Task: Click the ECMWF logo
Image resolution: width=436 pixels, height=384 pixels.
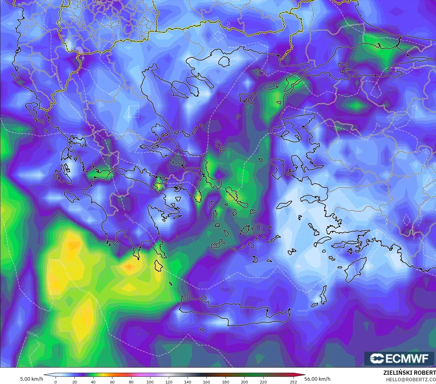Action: coord(399,358)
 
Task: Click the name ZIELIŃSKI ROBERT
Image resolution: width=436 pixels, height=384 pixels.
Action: coord(409,373)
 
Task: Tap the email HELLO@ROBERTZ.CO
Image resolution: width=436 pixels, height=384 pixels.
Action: coord(411,380)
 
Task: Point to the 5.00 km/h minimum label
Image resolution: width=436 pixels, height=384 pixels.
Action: coord(31,379)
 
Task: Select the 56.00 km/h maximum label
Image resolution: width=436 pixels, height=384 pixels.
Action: coord(317,379)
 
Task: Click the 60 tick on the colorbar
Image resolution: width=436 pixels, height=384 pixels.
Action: coord(112,382)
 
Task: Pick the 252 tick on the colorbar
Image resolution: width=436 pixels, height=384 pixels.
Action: coord(293,382)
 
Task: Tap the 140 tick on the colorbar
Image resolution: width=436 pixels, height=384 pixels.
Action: coord(188,382)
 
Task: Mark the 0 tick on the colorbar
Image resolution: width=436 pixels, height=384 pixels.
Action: coord(56,382)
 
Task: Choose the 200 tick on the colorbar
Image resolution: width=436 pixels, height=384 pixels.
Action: coord(244,382)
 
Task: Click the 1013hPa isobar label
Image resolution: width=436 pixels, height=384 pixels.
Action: coord(69,278)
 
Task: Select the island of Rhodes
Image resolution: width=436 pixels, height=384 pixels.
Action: coord(354,270)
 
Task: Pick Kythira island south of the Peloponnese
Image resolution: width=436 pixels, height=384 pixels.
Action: coord(158,266)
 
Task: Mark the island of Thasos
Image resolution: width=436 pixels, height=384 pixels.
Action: coord(224,61)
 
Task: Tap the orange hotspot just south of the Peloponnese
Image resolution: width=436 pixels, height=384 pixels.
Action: coord(129,266)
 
